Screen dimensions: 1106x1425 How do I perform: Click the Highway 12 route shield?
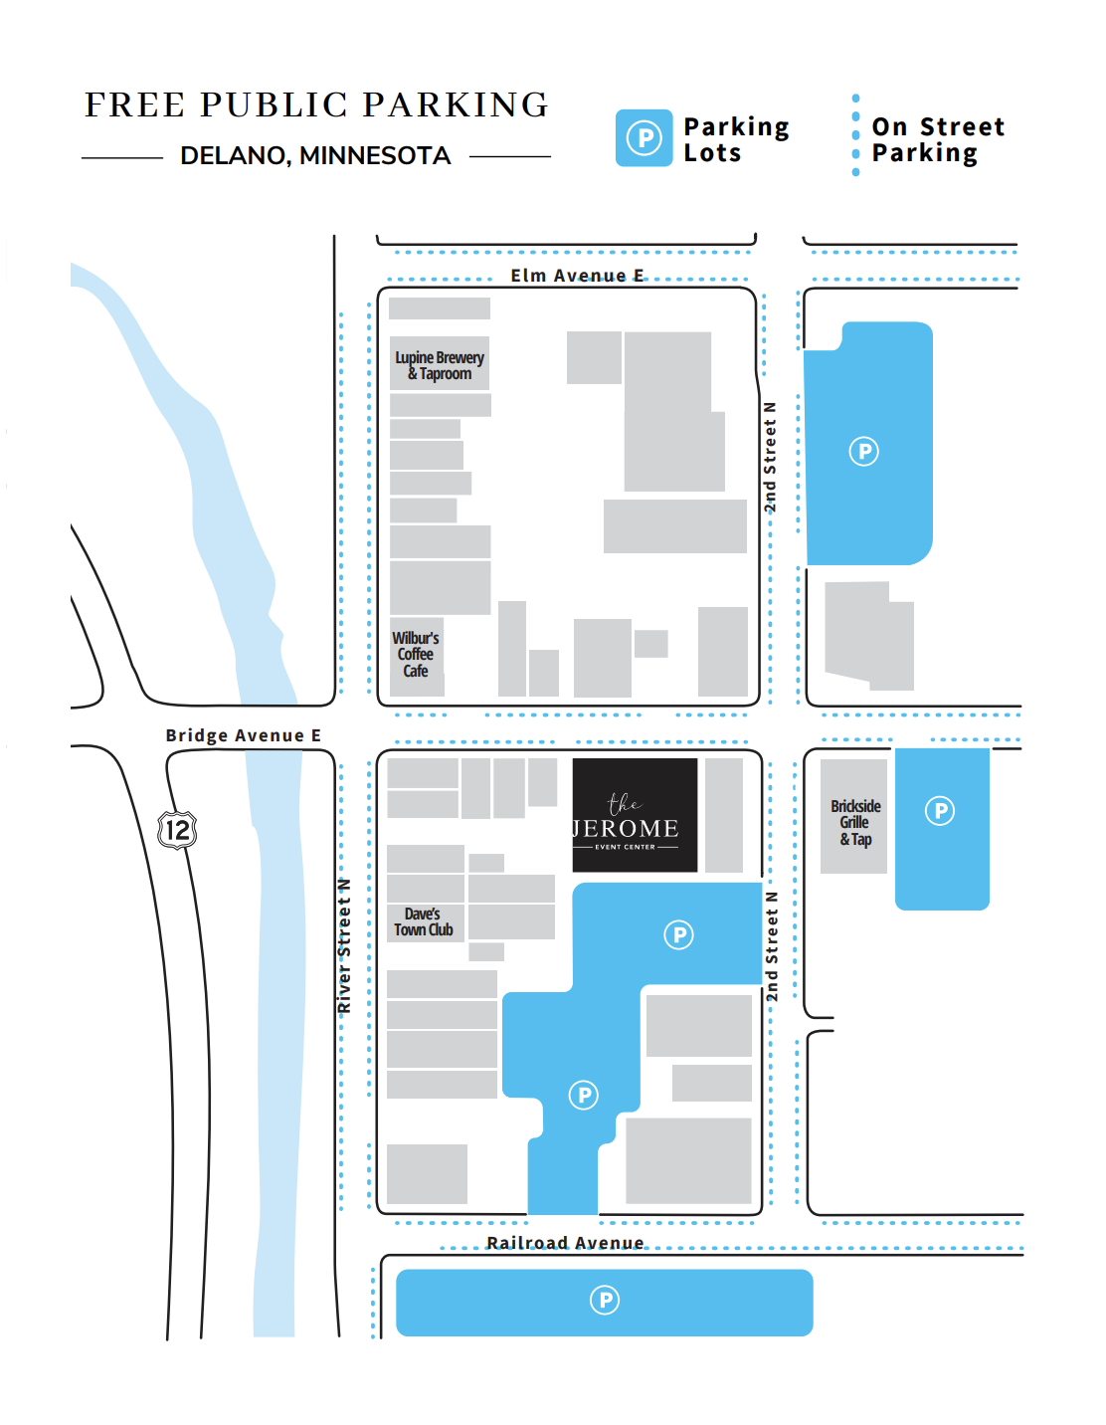pyautogui.click(x=178, y=830)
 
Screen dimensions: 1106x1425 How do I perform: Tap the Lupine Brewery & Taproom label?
pyautogui.click(x=439, y=365)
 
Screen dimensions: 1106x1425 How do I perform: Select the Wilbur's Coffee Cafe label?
pyautogui.click(x=416, y=654)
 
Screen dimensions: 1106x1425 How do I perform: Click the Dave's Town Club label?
pyautogui.click(x=424, y=921)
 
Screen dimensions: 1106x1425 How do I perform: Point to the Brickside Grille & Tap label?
pyautogui.click(x=855, y=822)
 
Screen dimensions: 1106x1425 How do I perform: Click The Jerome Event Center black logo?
pyautogui.click(x=635, y=815)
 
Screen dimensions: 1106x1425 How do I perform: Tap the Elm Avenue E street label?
pyautogui.click(x=577, y=276)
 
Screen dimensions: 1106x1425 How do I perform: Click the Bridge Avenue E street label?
pyautogui.click(x=243, y=735)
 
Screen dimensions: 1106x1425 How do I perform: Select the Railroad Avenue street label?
pyautogui.click(x=565, y=1243)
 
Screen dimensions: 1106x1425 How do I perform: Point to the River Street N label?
pyautogui.click(x=344, y=945)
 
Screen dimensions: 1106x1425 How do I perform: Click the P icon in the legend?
pyautogui.click(x=645, y=137)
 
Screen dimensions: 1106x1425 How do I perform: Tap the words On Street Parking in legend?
pyautogui.click(x=938, y=139)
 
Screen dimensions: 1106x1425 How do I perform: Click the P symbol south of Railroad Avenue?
pyautogui.click(x=605, y=1300)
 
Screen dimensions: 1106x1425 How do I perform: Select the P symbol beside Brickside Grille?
pyautogui.click(x=940, y=811)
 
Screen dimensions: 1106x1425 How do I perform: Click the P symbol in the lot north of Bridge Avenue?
pyautogui.click(x=863, y=451)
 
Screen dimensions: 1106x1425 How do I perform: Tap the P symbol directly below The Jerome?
pyautogui.click(x=678, y=934)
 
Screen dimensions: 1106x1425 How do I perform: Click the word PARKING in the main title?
pyautogui.click(x=456, y=104)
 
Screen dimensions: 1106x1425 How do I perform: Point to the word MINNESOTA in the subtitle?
pyautogui.click(x=375, y=155)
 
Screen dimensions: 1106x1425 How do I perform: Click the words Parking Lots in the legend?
pyautogui.click(x=736, y=139)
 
